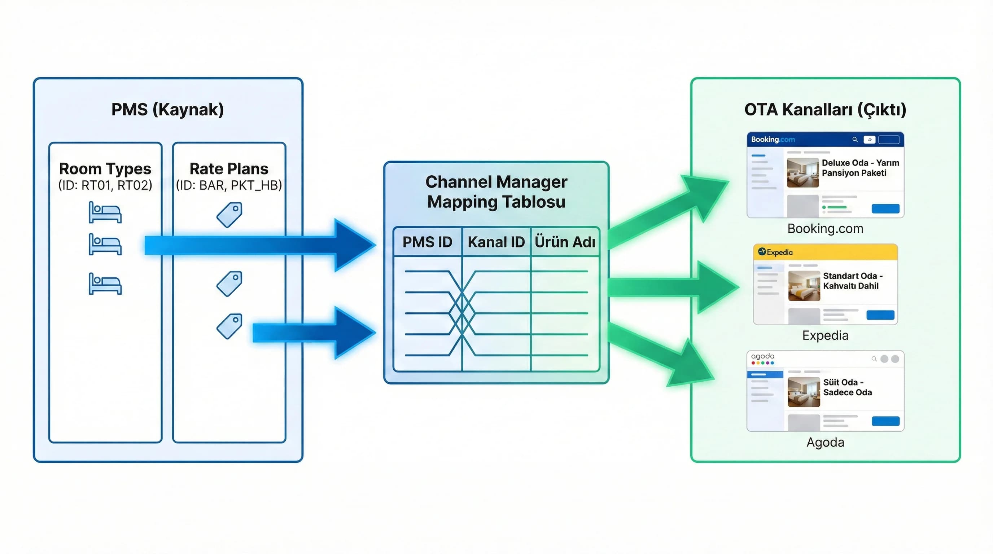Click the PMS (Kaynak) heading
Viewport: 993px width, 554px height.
click(167, 109)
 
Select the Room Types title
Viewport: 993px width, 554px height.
click(105, 169)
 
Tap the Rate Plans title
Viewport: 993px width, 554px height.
click(229, 169)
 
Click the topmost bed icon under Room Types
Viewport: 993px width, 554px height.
click(105, 212)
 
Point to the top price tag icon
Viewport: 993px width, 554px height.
click(229, 215)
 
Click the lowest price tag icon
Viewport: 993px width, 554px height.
click(229, 326)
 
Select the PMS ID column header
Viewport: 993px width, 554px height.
click(427, 242)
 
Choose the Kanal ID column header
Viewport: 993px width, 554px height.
click(496, 242)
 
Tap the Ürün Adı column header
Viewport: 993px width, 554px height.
click(565, 242)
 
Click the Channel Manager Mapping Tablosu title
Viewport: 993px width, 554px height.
click(496, 192)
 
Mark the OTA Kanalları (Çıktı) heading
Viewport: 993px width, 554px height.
click(825, 109)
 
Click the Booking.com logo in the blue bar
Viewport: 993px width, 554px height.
click(773, 140)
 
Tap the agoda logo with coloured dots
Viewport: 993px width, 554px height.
click(762, 358)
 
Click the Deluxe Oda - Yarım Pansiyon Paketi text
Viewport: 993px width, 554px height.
click(860, 168)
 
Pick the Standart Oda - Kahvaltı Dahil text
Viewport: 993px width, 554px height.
click(852, 281)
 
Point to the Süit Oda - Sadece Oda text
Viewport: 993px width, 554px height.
click(847, 387)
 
